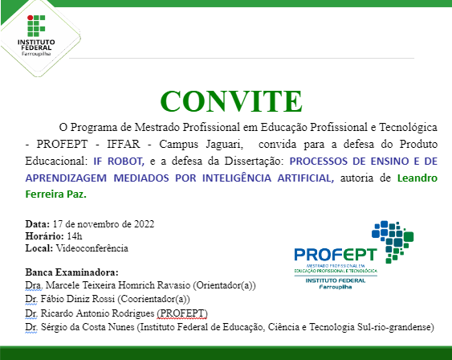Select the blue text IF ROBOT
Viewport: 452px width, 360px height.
coord(120,161)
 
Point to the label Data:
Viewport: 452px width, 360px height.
coord(37,223)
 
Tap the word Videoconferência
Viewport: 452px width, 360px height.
coord(93,248)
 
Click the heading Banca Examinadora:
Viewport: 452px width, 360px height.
coord(71,272)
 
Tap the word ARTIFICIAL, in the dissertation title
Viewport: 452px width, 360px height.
coord(304,178)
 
